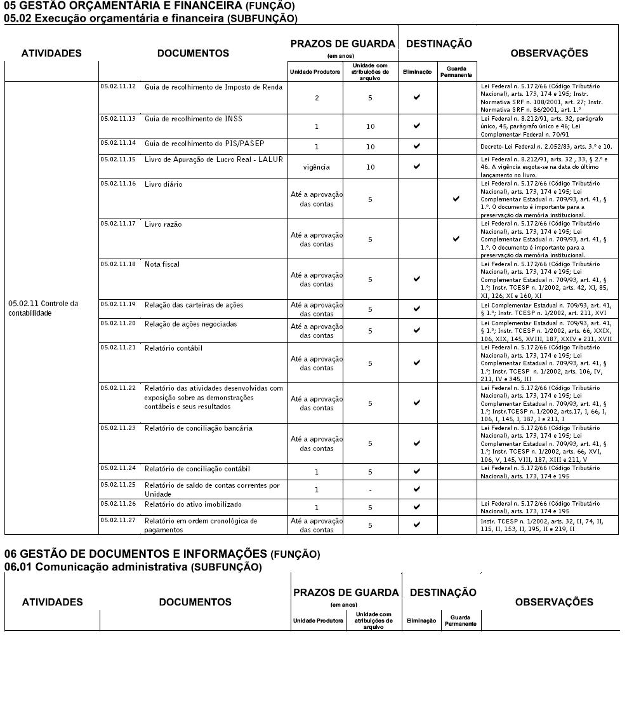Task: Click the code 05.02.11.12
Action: click(117, 86)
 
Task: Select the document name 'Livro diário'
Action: click(163, 184)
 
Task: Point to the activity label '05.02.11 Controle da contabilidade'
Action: click(43, 308)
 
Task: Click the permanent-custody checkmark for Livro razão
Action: click(456, 239)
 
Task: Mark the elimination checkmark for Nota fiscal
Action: click(417, 279)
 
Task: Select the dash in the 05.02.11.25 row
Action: click(370, 490)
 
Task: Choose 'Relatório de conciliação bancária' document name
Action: click(198, 428)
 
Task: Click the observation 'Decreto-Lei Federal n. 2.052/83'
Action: click(546, 146)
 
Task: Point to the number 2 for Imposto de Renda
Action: click(316, 98)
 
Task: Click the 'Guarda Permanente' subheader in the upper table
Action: click(456, 72)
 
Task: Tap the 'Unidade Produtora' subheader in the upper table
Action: click(315, 72)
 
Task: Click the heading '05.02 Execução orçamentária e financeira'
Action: click(150, 18)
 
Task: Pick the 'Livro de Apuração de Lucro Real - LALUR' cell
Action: click(213, 159)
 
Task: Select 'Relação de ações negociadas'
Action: click(190, 324)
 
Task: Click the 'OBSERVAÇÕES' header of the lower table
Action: click(554, 602)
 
